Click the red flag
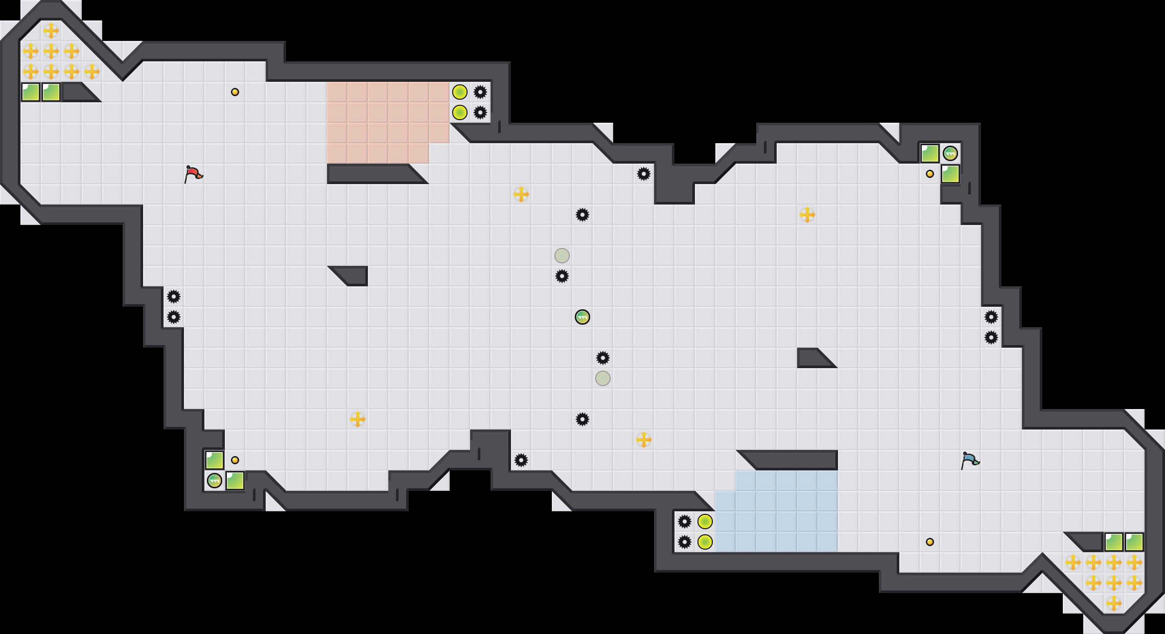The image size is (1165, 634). (193, 174)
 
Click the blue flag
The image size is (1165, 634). (969, 460)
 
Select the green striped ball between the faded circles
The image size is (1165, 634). (582, 317)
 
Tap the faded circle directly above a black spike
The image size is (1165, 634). (562, 256)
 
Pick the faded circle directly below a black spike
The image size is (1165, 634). (603, 378)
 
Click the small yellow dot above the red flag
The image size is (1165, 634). (235, 92)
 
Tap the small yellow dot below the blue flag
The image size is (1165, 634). (930, 542)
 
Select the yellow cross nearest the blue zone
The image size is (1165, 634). (644, 440)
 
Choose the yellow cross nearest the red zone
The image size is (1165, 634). (521, 194)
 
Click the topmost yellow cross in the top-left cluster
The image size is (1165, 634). (51, 31)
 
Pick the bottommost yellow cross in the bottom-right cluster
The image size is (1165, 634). (1114, 603)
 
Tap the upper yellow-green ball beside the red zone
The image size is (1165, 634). (460, 92)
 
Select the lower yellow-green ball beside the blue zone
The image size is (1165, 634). (705, 542)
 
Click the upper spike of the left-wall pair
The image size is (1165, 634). (174, 297)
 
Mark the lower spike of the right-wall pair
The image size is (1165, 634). (991, 337)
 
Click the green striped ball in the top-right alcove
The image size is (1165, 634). (950, 153)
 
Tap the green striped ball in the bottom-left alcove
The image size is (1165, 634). (215, 481)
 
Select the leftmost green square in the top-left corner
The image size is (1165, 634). (31, 92)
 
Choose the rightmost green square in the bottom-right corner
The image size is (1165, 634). (1134, 542)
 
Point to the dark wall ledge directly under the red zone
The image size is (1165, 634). (373, 174)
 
